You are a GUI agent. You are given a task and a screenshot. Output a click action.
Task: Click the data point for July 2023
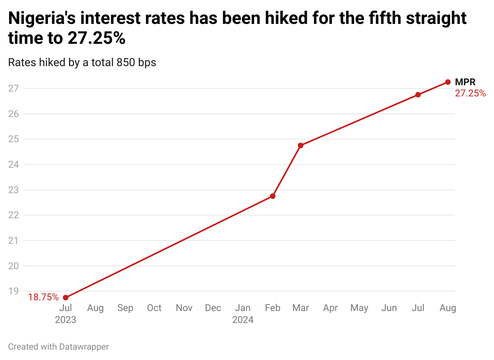[66, 297]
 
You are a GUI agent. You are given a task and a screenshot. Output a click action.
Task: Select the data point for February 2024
[272, 196]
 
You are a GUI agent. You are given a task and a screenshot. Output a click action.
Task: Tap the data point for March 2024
[301, 145]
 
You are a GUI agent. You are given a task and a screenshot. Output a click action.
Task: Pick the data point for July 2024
[418, 95]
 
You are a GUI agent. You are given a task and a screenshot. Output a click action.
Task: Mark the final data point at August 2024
[448, 82]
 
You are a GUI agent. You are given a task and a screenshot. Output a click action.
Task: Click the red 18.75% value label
[43, 297]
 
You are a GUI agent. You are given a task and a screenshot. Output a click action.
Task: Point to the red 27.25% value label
[470, 94]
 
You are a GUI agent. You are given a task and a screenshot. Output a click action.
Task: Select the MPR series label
[465, 82]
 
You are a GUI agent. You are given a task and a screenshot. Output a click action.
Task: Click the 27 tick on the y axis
[14, 88]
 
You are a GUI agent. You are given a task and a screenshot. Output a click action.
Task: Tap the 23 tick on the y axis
[14, 190]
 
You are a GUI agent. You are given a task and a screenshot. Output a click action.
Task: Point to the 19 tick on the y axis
[14, 291]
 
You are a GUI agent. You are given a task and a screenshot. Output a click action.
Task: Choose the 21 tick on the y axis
[14, 241]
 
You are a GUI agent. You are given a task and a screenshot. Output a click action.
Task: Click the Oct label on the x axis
[154, 308]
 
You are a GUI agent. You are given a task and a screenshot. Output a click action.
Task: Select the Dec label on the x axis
[213, 308]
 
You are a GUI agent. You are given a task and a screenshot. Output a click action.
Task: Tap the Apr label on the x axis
[331, 308]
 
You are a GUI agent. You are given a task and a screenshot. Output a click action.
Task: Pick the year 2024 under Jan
[243, 320]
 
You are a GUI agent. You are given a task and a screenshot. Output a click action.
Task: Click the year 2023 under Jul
[66, 320]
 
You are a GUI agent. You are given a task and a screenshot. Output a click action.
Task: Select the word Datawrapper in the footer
[84, 346]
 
